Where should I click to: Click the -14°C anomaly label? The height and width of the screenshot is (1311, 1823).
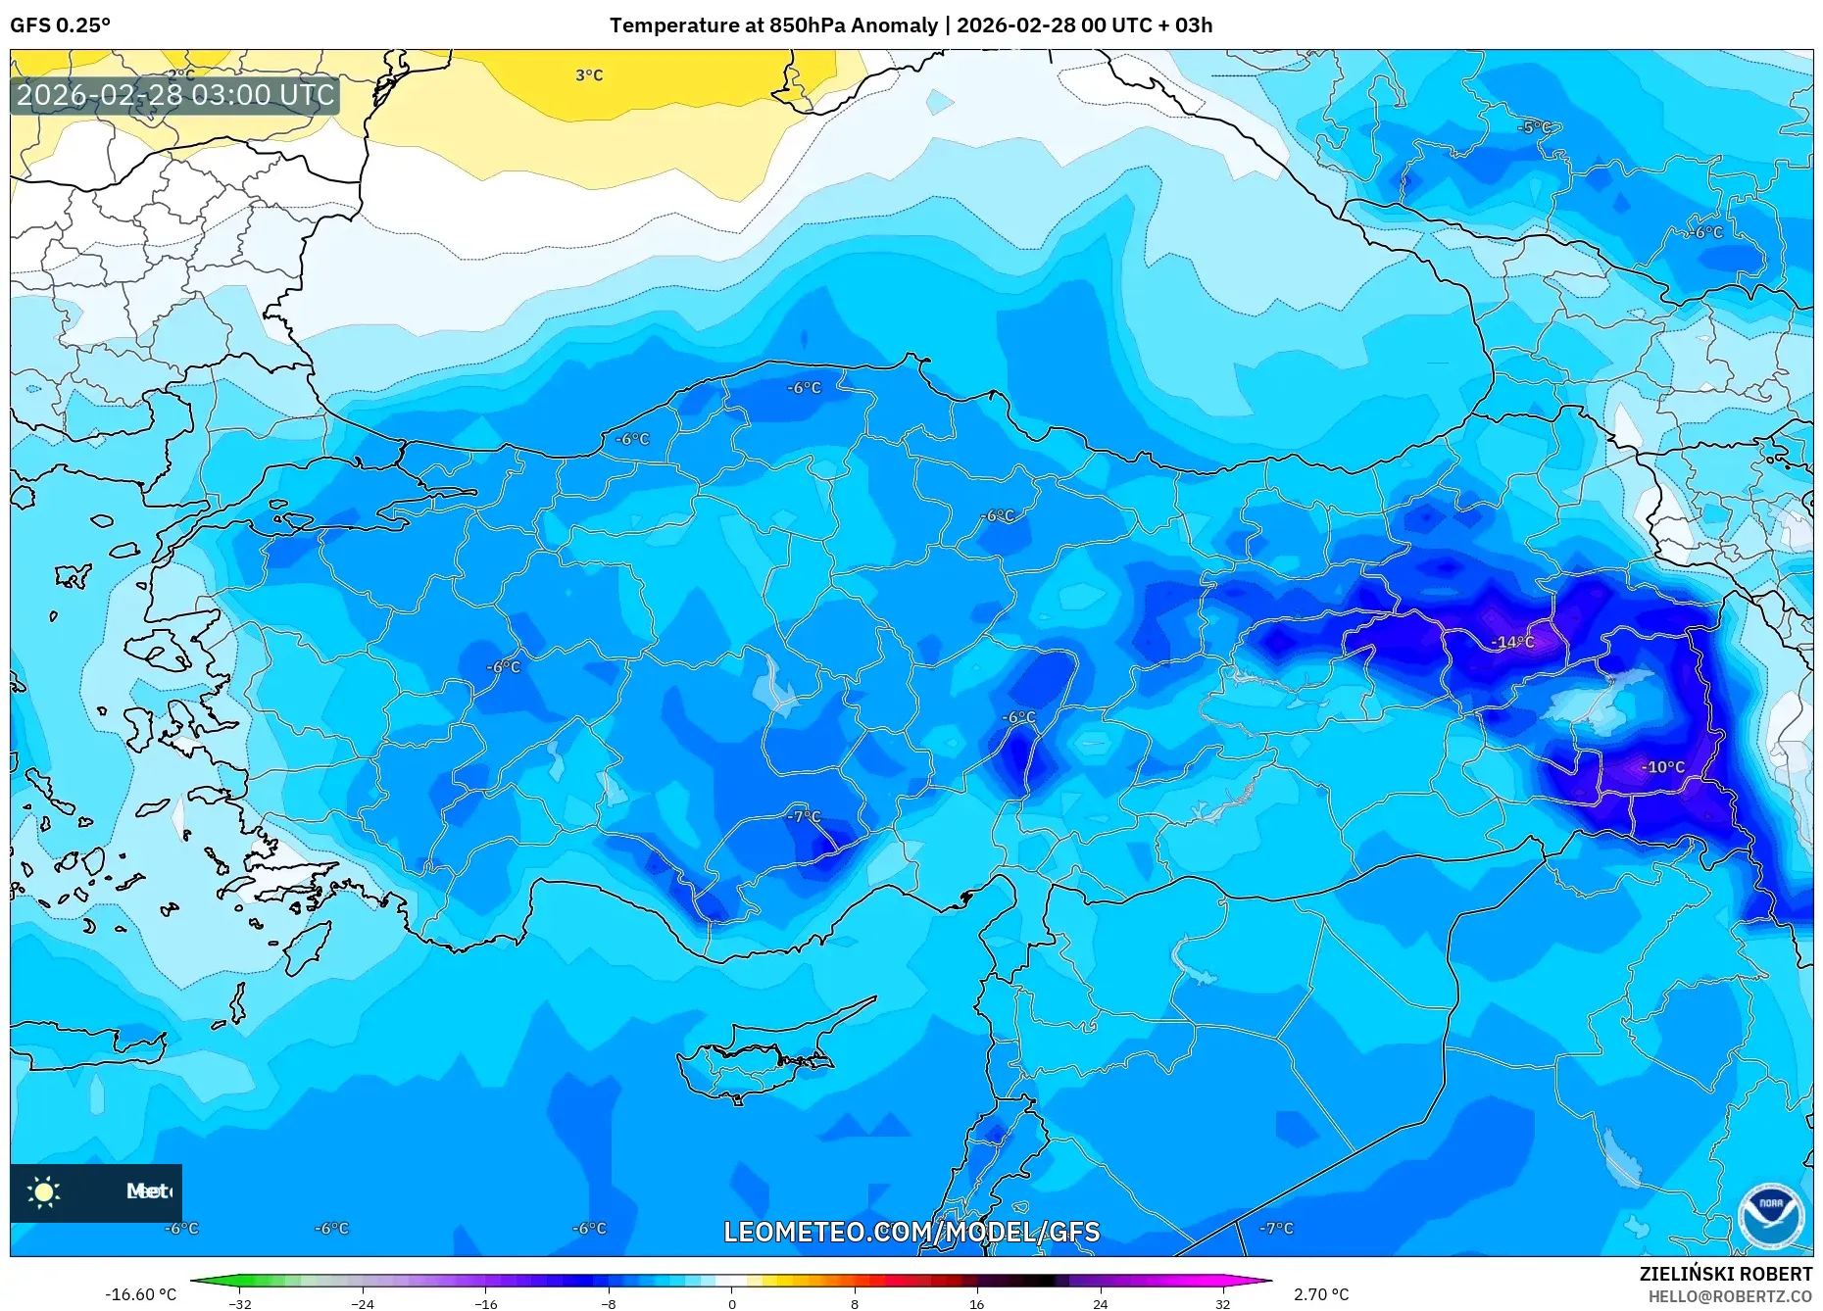(x=1512, y=642)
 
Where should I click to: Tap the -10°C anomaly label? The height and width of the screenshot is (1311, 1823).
(x=1662, y=767)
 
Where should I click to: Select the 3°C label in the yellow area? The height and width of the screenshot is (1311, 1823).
(x=589, y=75)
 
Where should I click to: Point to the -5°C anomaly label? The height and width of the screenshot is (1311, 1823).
(x=1534, y=127)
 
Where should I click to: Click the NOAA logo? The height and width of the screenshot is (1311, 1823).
(x=1770, y=1215)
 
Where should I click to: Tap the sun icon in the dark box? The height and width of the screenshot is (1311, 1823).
(x=44, y=1191)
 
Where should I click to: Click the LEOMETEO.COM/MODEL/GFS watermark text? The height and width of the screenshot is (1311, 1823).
(x=911, y=1232)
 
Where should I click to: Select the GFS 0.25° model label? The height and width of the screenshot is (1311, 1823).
(x=60, y=25)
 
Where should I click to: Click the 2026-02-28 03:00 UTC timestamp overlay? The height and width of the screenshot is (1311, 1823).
(x=175, y=95)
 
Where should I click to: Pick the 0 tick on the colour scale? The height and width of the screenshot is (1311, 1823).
(x=731, y=1303)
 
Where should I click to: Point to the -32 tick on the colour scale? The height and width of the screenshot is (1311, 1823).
(x=240, y=1303)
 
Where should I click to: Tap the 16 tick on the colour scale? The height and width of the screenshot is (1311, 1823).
(x=976, y=1303)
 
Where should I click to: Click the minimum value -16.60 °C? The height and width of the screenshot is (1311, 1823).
(x=141, y=1294)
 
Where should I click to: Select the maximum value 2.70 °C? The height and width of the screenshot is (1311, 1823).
(x=1320, y=1294)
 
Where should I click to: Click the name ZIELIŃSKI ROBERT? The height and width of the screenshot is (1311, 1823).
(x=1725, y=1274)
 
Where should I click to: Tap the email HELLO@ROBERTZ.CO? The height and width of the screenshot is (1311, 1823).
(x=1730, y=1296)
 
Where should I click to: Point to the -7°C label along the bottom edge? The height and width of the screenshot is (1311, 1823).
(x=1276, y=1228)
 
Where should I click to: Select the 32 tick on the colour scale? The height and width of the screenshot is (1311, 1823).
(x=1222, y=1303)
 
